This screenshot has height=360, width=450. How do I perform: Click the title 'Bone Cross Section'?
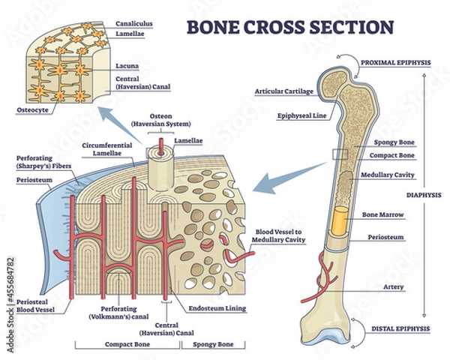289,26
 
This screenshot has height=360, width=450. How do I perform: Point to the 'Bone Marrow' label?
384,214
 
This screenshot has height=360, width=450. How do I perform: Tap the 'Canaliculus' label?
136,23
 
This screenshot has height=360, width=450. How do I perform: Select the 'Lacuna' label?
128,66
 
